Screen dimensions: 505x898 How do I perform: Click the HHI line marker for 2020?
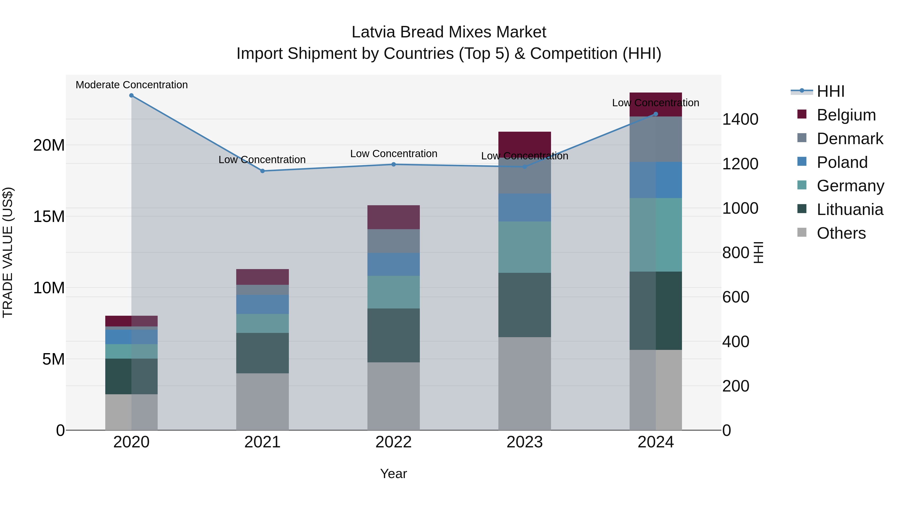coord(131,96)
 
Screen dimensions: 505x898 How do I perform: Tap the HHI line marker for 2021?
coord(262,171)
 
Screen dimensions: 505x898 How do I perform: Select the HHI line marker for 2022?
coord(394,164)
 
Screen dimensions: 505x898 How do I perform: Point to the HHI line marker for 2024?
coord(656,114)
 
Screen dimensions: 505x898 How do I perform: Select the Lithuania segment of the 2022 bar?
coord(394,335)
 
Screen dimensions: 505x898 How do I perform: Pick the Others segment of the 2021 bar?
coord(262,402)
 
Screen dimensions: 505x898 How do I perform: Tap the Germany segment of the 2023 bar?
coord(525,247)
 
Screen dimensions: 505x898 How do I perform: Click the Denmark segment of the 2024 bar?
coord(656,139)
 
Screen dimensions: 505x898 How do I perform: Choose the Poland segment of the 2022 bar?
coord(394,264)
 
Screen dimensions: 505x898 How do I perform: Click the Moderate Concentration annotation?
coord(132,85)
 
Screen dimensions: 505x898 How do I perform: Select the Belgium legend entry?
coord(846,115)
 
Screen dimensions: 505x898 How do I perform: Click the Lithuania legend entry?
coord(850,209)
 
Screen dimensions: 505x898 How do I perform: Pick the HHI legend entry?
coord(831,91)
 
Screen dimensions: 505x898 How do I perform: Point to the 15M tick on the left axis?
coord(49,216)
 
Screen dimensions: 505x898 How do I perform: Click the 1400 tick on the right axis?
coord(740,119)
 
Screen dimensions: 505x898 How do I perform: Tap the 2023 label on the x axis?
coord(525,442)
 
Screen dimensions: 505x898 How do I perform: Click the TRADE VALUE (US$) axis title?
coord(8,252)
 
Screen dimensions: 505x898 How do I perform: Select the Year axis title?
coord(394,474)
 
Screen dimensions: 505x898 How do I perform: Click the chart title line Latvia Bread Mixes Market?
coord(449,32)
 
